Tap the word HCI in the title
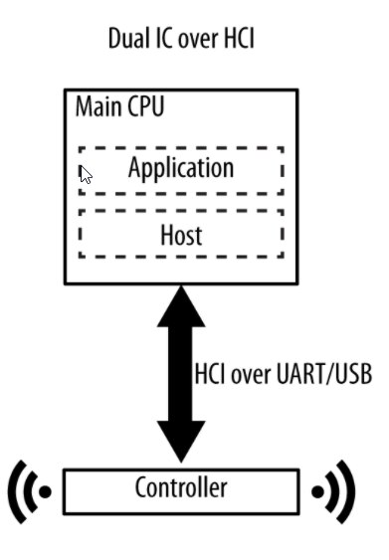[x=240, y=38]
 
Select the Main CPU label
[x=120, y=106]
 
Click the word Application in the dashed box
[x=181, y=168]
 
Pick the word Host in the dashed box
[x=181, y=235]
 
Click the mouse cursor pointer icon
[x=85, y=174]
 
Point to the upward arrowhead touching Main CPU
[x=181, y=306]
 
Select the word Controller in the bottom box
[x=181, y=487]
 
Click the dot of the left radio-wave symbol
[x=45, y=491]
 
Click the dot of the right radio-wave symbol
[x=317, y=491]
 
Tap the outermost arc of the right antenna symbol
[x=350, y=491]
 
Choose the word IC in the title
[x=164, y=38]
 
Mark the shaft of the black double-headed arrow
[x=181, y=374]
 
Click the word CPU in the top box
[x=146, y=106]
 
